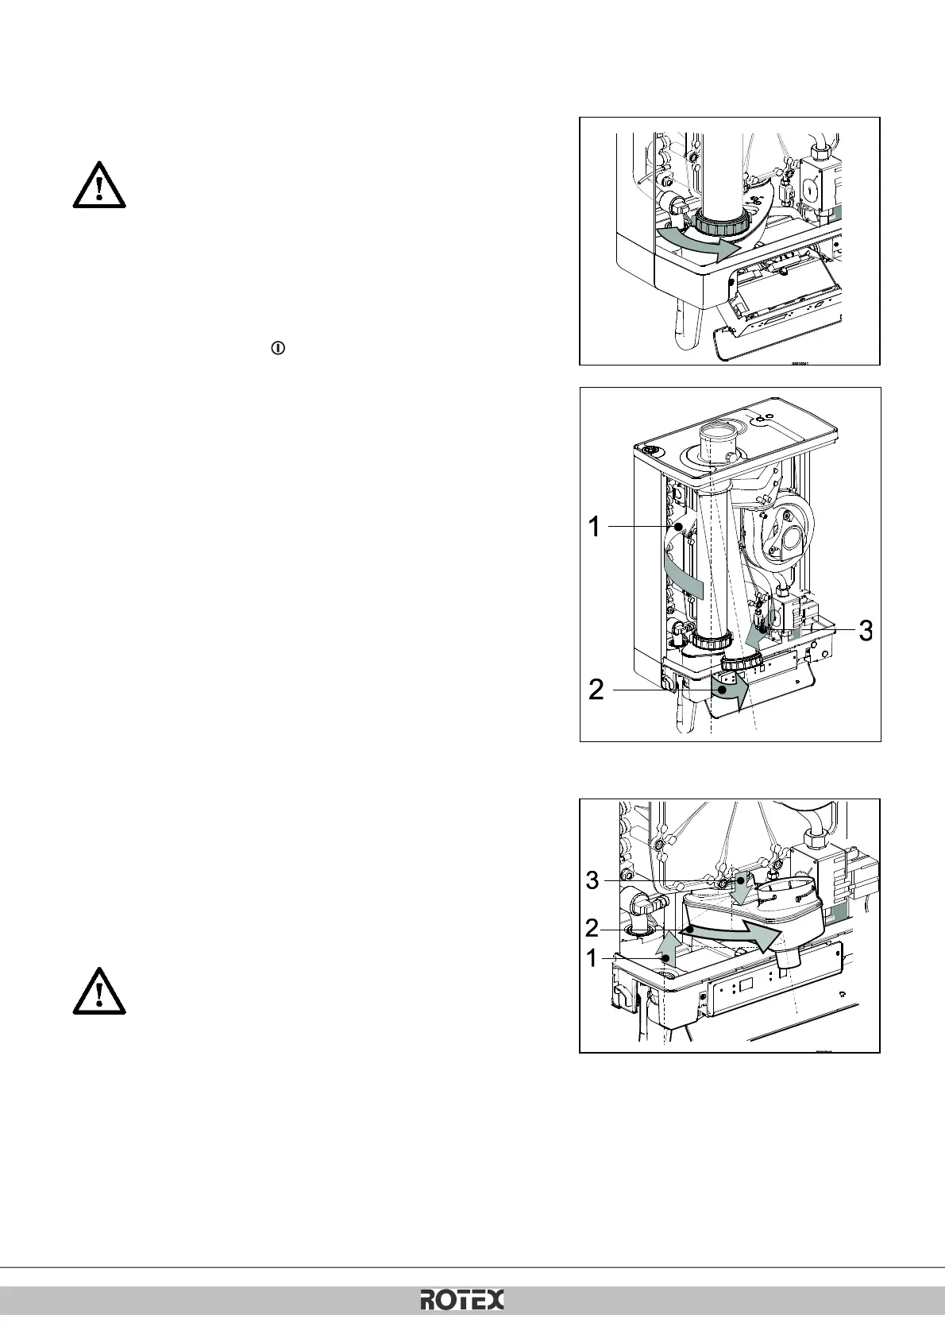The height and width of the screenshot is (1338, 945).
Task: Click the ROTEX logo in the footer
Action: click(461, 1301)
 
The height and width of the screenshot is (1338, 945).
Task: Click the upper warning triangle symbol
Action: click(99, 186)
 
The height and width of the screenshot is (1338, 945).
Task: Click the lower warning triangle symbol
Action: click(99, 992)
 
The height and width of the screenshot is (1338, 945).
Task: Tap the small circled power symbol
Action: click(279, 348)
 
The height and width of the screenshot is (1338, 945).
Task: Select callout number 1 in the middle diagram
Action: click(594, 526)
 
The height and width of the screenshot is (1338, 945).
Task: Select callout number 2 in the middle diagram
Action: click(596, 690)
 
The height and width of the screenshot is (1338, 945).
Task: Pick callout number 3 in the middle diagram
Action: click(866, 630)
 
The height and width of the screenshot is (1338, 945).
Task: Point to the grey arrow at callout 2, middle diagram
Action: click(731, 691)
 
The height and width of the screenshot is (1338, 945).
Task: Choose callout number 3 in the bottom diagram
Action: click(592, 880)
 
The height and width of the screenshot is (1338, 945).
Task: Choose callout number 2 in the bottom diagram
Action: click(592, 928)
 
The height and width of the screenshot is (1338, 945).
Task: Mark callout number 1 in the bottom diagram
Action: click(592, 959)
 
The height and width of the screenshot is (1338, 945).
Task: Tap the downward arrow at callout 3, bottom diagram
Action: click(742, 887)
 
